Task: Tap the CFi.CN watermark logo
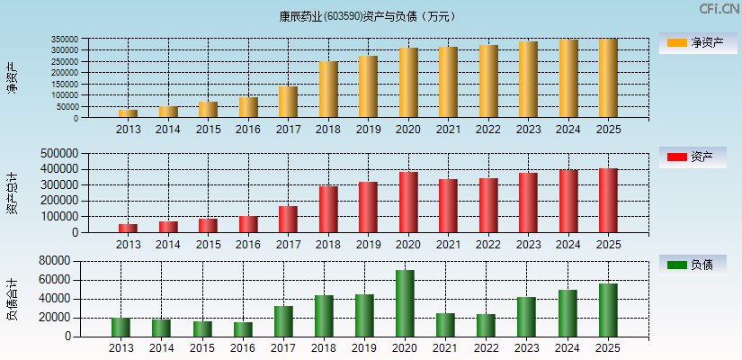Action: pyautogui.click(x=719, y=9)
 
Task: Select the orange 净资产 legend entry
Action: pyautogui.click(x=693, y=42)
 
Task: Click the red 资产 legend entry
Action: pyautogui.click(x=693, y=157)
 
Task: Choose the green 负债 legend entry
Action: pyautogui.click(x=693, y=265)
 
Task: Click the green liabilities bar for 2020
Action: pyautogui.click(x=405, y=303)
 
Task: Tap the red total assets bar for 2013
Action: pyautogui.click(x=128, y=229)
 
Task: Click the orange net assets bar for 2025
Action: pyautogui.click(x=608, y=78)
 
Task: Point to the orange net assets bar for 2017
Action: pyautogui.click(x=288, y=102)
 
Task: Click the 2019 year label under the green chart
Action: pyautogui.click(x=364, y=347)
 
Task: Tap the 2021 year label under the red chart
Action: pyautogui.click(x=448, y=244)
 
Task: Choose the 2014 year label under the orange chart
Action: pyautogui.click(x=168, y=130)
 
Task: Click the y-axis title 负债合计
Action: pyautogui.click(x=12, y=300)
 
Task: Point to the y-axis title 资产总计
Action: pyautogui.click(x=12, y=193)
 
